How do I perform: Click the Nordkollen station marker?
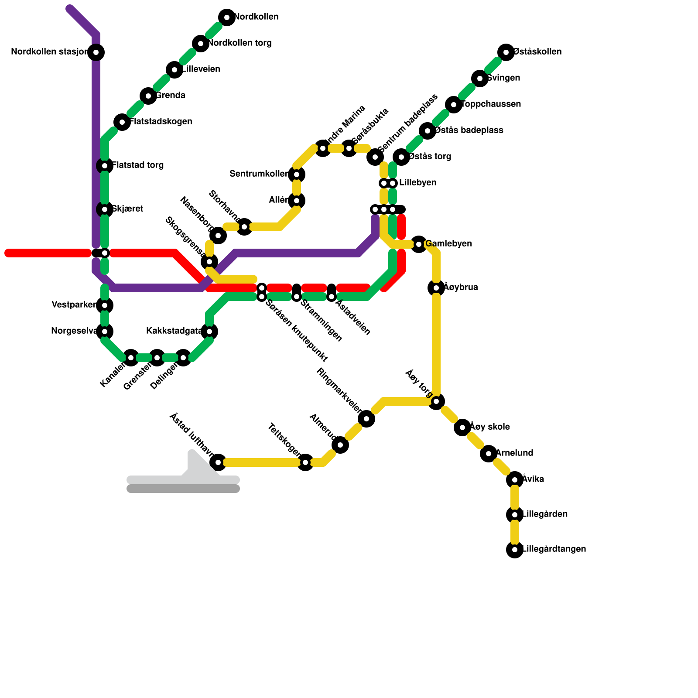tap(227, 17)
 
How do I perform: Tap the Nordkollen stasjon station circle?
tap(96, 53)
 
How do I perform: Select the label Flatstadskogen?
tap(161, 122)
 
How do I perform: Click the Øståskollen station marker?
tap(506, 52)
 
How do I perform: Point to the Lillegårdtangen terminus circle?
tap(515, 550)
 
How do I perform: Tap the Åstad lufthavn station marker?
tap(218, 462)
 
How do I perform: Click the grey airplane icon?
tap(183, 473)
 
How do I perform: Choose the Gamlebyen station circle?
tap(419, 244)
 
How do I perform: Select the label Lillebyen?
tap(417, 183)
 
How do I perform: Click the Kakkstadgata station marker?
tap(209, 332)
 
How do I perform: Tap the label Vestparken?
tap(73, 305)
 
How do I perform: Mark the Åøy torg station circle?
tap(436, 401)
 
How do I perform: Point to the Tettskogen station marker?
tap(305, 462)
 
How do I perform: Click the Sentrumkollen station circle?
tap(297, 174)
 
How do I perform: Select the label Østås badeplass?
tap(469, 130)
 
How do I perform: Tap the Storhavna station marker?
tap(244, 227)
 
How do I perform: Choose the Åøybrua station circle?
tap(436, 288)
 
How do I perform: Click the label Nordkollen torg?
tap(240, 43)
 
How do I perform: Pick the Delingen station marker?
tap(183, 358)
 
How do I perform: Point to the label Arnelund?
tap(514, 453)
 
